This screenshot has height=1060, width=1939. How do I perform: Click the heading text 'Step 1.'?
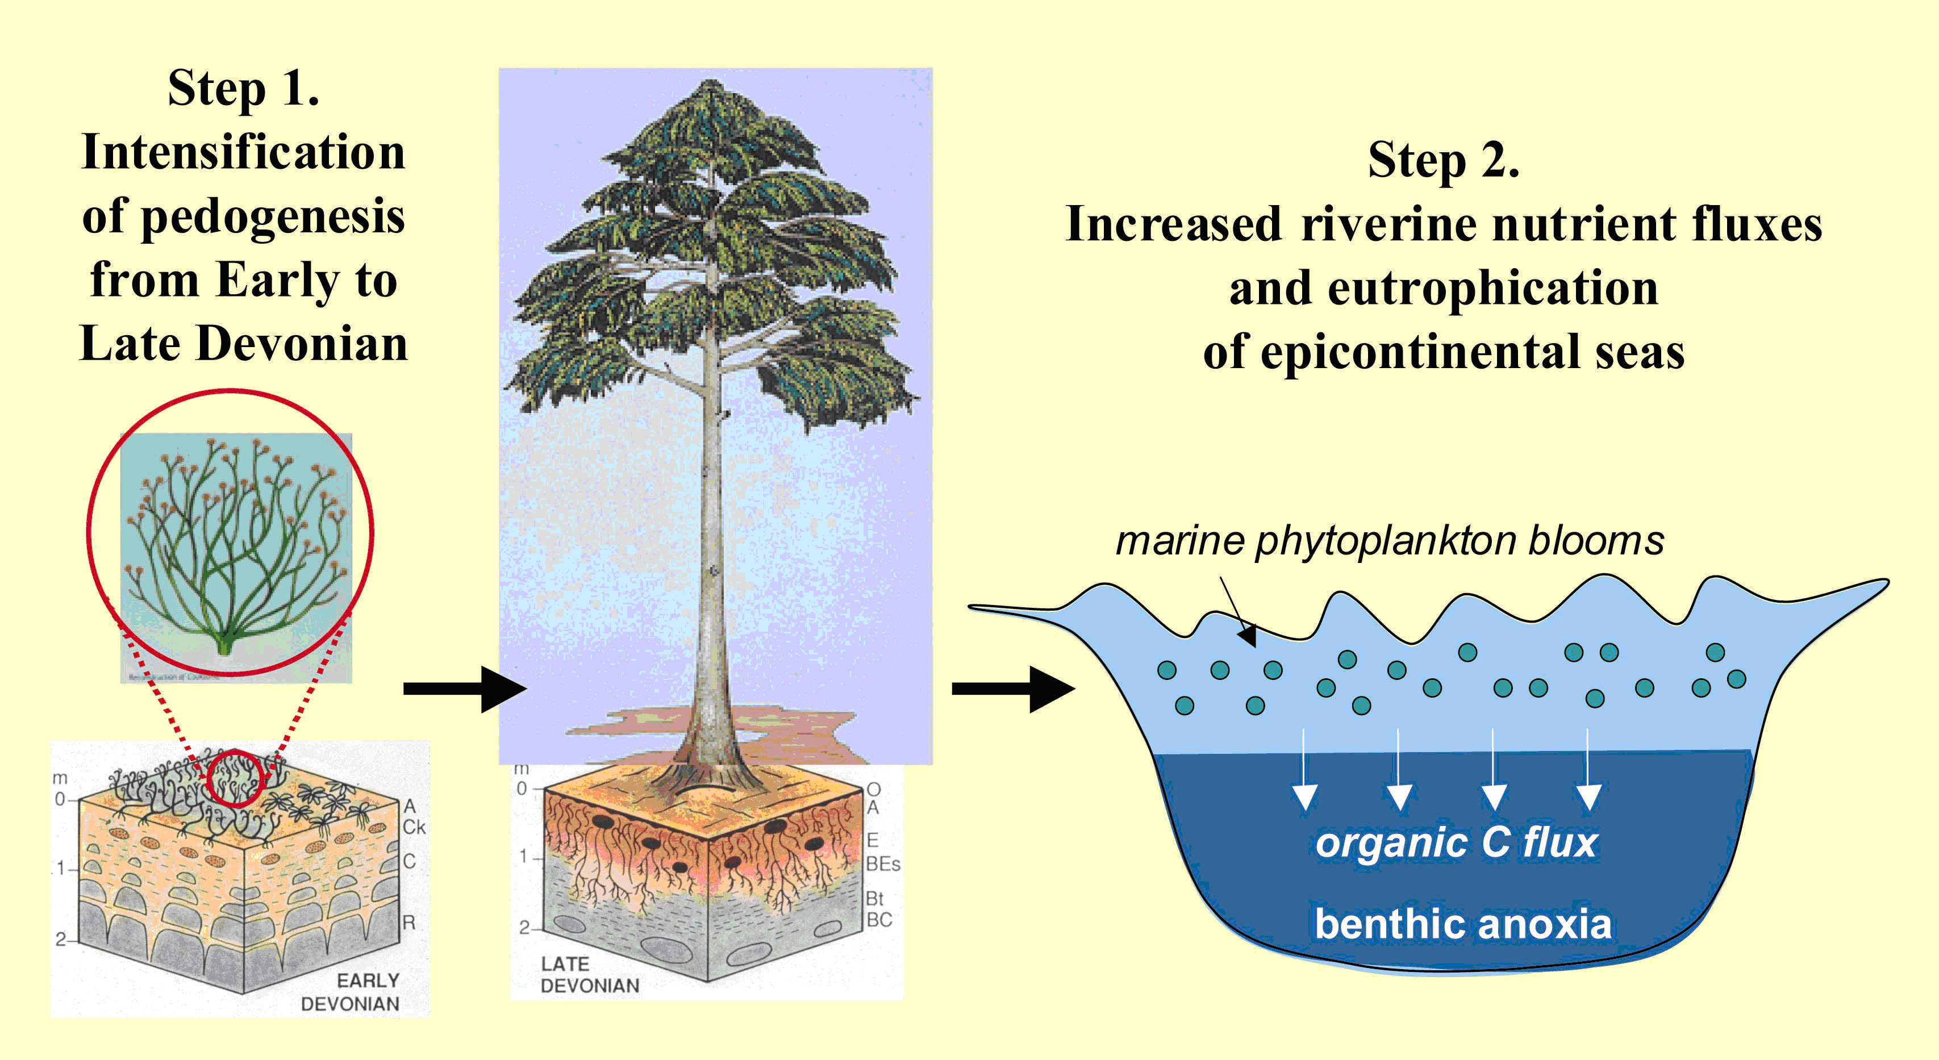[243, 88]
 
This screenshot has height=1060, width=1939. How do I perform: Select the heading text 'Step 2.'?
[1443, 160]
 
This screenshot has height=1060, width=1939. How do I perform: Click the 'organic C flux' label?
[1457, 842]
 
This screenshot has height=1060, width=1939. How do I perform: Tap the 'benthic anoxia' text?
[1462, 924]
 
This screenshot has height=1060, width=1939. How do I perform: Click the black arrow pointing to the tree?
[464, 688]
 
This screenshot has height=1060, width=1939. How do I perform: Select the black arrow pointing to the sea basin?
[1012, 688]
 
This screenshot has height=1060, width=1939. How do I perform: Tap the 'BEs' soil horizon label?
[882, 863]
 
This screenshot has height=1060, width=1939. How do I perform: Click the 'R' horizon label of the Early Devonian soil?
[408, 922]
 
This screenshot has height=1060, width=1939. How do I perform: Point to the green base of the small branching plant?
[225, 646]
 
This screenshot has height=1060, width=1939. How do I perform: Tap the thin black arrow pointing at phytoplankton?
[1237, 611]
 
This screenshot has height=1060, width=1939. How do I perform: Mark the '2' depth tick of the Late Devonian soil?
[524, 928]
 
